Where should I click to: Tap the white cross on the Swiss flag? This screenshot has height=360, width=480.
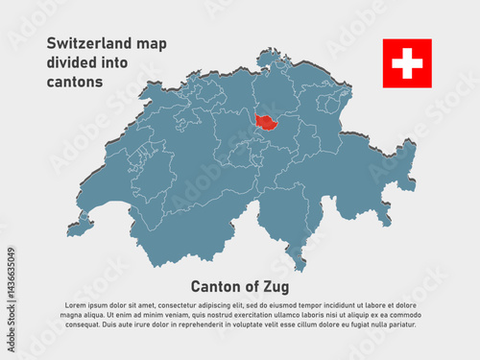pos(407,63)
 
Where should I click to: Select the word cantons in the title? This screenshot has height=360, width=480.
pos(73,84)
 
